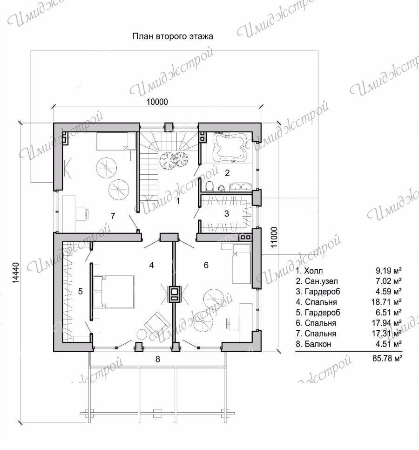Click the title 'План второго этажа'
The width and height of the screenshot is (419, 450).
pyautogui.click(x=173, y=36)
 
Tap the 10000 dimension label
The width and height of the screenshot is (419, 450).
pyautogui.click(x=157, y=102)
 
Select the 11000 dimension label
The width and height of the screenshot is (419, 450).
pyautogui.click(x=274, y=237)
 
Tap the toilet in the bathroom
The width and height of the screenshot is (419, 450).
pyautogui.click(x=209, y=186)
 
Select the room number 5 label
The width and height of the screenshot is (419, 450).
pyautogui.click(x=80, y=291)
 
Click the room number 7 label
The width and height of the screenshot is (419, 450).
pyautogui.click(x=113, y=216)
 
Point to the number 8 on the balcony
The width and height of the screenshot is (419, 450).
pyautogui.click(x=158, y=359)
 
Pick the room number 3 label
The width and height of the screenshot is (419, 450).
pyautogui.click(x=227, y=213)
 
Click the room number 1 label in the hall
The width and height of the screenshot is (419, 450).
pyautogui.click(x=178, y=201)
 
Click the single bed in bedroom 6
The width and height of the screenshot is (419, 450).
pyautogui.click(x=241, y=264)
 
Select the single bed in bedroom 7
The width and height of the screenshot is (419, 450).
pyautogui.click(x=116, y=141)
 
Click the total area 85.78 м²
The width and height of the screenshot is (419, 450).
pyautogui.click(x=387, y=358)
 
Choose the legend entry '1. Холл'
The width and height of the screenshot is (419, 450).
pyautogui.click(x=309, y=271)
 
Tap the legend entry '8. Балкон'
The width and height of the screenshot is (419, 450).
pyautogui.click(x=313, y=344)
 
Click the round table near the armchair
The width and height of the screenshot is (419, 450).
pyautogui.click(x=142, y=334)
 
